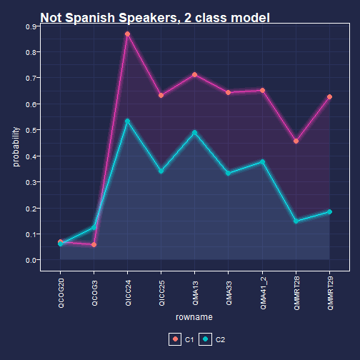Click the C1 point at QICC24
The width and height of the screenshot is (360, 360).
coord(128,34)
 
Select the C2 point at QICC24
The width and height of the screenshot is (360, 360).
coord(128,121)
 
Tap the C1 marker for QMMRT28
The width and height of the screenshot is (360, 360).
coord(296,141)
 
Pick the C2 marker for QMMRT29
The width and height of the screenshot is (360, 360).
coord(329,211)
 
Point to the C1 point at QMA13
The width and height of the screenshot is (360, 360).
coord(195,75)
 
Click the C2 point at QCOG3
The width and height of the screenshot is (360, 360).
coord(94,227)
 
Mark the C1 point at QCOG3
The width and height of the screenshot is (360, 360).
coord(94,245)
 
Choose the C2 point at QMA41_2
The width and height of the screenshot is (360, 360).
coord(262,162)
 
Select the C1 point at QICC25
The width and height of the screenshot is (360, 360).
coord(161,96)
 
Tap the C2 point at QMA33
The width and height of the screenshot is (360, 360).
coord(229,174)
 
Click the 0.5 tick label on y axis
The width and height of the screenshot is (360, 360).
coord(31,131)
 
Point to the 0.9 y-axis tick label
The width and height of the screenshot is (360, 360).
coord(31,26)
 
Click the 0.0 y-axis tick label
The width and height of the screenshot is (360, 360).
coord(31,260)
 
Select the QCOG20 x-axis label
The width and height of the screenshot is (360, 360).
coord(61,293)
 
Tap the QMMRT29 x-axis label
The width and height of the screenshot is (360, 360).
coord(330,294)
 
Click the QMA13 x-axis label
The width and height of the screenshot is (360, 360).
coord(195,293)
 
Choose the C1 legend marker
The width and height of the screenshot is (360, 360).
coord(175,339)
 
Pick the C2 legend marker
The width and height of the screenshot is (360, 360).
coord(206,339)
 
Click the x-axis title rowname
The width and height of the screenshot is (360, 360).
coord(194,317)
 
